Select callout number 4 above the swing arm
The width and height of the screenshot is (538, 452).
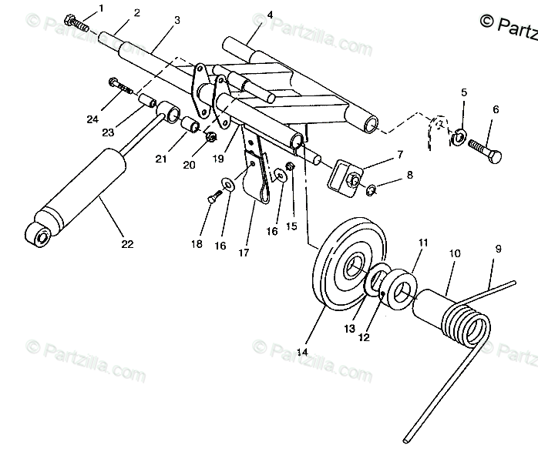tap(249, 15)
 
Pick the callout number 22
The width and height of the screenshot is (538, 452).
tap(127, 244)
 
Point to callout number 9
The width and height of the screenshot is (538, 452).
tap(498, 249)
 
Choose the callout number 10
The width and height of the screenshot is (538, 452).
tap(455, 252)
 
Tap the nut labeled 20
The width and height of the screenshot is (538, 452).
tap(210, 138)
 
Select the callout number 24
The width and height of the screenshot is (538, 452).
tap(92, 119)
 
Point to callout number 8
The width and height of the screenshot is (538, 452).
tap(409, 175)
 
